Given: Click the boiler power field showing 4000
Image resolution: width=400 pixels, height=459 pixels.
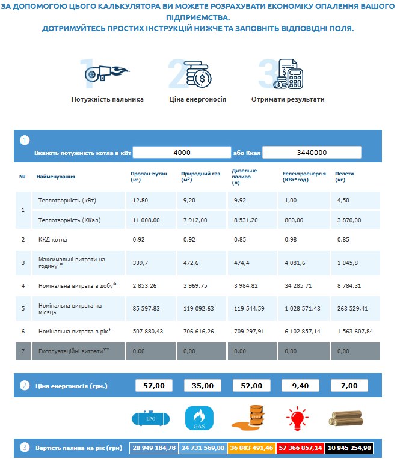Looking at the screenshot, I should [182, 153].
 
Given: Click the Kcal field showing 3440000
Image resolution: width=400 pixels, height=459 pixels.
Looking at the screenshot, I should [312, 153].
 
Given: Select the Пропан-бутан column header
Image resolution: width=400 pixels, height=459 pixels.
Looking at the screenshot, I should [144, 177].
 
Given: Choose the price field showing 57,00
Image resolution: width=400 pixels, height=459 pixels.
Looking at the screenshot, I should [153, 386].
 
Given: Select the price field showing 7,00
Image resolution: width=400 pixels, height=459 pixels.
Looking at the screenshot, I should [349, 386].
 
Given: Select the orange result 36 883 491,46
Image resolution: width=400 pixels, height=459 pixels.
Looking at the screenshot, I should [251, 448].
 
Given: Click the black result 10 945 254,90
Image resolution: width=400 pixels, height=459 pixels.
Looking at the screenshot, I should [350, 448].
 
